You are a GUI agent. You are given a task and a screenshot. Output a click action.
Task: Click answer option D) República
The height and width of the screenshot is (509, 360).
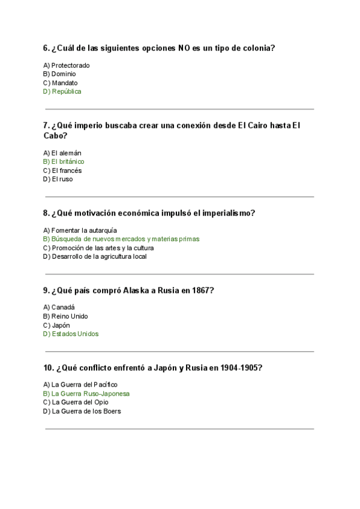[x=62, y=92]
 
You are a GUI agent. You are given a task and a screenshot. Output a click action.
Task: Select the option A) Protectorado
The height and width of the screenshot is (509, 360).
[x=67, y=65]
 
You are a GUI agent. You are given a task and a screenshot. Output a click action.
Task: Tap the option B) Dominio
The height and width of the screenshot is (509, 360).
[x=59, y=74]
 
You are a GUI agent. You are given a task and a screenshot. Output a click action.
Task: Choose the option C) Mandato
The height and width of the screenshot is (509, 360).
[x=61, y=83]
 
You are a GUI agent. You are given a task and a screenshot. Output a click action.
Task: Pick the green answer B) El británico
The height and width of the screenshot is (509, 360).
[x=64, y=161]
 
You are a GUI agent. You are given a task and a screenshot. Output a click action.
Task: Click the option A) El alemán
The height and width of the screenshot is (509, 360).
[x=62, y=152]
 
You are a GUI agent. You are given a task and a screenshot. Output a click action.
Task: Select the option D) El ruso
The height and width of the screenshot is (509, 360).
[x=58, y=179]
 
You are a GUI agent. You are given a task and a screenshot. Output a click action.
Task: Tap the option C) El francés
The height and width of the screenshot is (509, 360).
[x=62, y=170]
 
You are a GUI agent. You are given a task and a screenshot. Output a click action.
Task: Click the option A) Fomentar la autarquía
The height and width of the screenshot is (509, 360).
[x=80, y=230]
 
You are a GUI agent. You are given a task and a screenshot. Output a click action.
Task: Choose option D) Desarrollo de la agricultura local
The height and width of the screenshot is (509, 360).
[x=95, y=256]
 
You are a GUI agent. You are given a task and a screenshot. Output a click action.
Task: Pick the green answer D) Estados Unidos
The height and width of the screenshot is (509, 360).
[x=71, y=334]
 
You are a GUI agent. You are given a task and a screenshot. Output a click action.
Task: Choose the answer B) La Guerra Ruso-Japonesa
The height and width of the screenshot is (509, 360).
[x=86, y=394]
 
